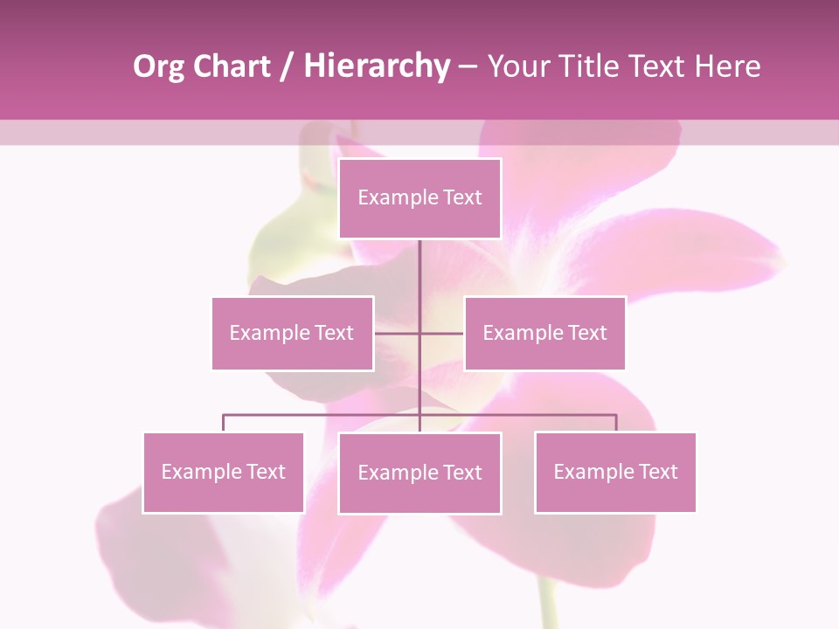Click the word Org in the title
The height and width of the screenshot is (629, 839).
click(158, 66)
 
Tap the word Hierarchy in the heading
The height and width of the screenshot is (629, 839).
click(376, 66)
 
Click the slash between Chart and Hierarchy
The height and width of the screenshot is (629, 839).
click(287, 67)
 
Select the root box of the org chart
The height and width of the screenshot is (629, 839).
click(419, 198)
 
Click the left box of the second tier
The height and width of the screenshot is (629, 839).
click(293, 333)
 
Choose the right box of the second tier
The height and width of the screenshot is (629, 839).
click(544, 333)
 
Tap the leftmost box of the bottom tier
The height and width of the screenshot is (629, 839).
click(223, 472)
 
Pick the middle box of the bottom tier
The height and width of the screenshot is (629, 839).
click(419, 473)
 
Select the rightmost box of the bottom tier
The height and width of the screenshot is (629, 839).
click(615, 472)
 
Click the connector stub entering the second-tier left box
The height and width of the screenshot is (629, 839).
click(396, 333)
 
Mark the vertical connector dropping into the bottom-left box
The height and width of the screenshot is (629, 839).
click(223, 423)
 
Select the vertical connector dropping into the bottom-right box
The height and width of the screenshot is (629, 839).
click(616, 423)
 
